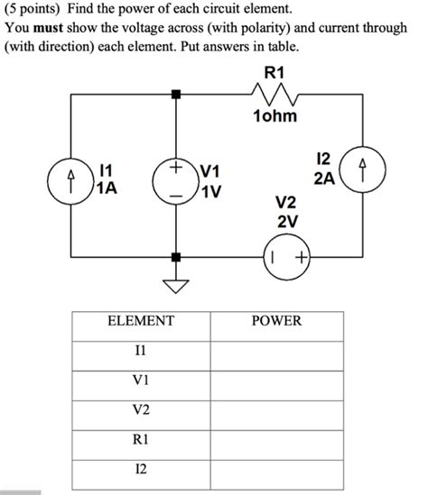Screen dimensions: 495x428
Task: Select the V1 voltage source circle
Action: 174,175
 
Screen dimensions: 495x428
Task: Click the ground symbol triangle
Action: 175,287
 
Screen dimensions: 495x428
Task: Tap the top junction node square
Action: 175,93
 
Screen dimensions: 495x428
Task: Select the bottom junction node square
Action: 175,257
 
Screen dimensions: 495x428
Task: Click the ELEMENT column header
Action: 140,321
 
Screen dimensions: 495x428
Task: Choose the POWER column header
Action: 276,321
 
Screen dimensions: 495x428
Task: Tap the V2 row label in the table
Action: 140,410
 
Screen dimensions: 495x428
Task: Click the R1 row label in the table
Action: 140,440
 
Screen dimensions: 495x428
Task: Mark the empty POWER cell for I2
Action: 276,470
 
